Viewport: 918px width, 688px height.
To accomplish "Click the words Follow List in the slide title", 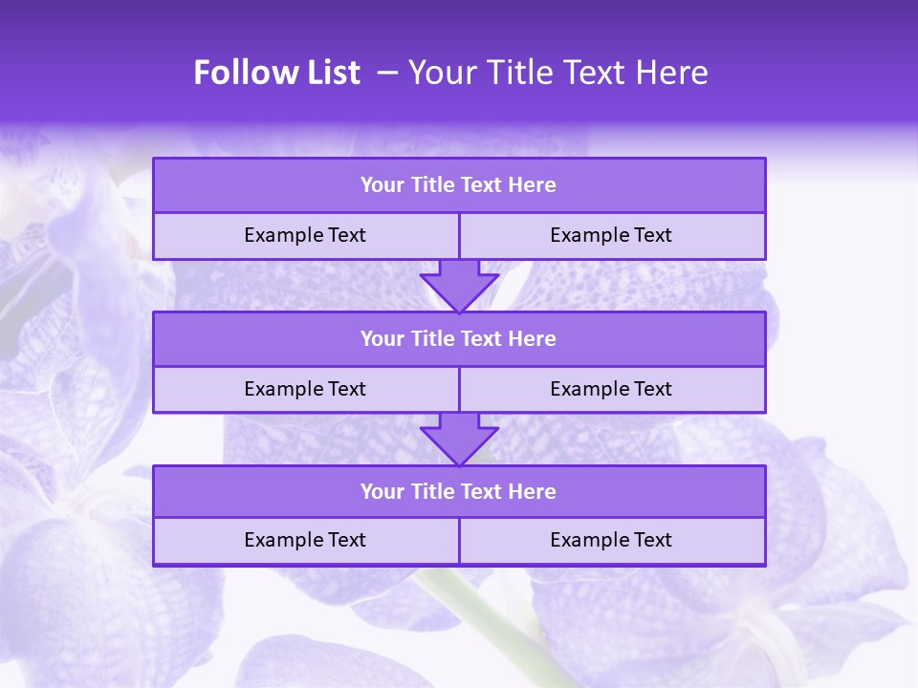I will pos(276,73).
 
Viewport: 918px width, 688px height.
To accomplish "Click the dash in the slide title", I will pos(388,73).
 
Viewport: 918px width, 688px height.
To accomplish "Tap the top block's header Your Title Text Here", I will pos(458,185).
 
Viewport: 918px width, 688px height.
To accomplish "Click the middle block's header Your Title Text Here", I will pos(458,338).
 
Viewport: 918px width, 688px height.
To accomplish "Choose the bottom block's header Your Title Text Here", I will pos(458,491).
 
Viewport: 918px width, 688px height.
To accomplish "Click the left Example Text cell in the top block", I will pos(305,235).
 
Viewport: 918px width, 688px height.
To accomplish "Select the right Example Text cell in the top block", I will pos(611,235).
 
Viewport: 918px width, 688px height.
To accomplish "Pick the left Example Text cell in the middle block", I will pos(305,389).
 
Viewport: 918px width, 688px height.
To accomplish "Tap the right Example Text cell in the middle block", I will pos(611,389).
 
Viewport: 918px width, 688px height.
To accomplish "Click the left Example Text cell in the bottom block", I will pos(305,540).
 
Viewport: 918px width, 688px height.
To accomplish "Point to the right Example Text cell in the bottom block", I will pos(611,540).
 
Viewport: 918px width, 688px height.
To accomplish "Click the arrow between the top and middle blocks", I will pos(459,285).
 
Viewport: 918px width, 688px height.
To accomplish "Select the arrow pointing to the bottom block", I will pos(459,439).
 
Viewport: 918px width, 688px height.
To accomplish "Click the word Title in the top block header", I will pos(430,185).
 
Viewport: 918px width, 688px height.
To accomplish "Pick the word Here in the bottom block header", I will pos(533,491).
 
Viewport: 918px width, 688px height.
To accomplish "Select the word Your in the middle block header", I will pos(382,338).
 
